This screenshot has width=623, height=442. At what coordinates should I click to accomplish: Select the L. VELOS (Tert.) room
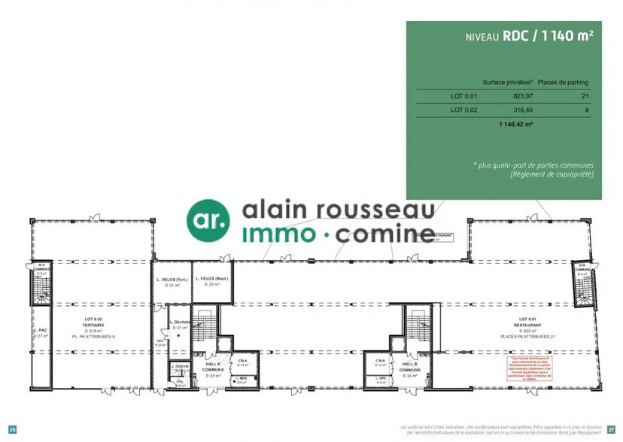(171, 282)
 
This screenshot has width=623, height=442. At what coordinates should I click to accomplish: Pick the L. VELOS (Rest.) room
(211, 281)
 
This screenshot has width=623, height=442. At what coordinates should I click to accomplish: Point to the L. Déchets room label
(180, 324)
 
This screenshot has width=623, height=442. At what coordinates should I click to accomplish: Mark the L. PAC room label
(41, 333)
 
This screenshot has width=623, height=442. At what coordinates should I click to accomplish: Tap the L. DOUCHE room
(181, 368)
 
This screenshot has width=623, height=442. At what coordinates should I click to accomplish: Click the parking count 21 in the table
(585, 95)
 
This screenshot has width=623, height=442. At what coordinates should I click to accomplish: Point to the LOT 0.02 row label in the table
(463, 110)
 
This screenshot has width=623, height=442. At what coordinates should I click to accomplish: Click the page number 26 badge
(12, 429)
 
